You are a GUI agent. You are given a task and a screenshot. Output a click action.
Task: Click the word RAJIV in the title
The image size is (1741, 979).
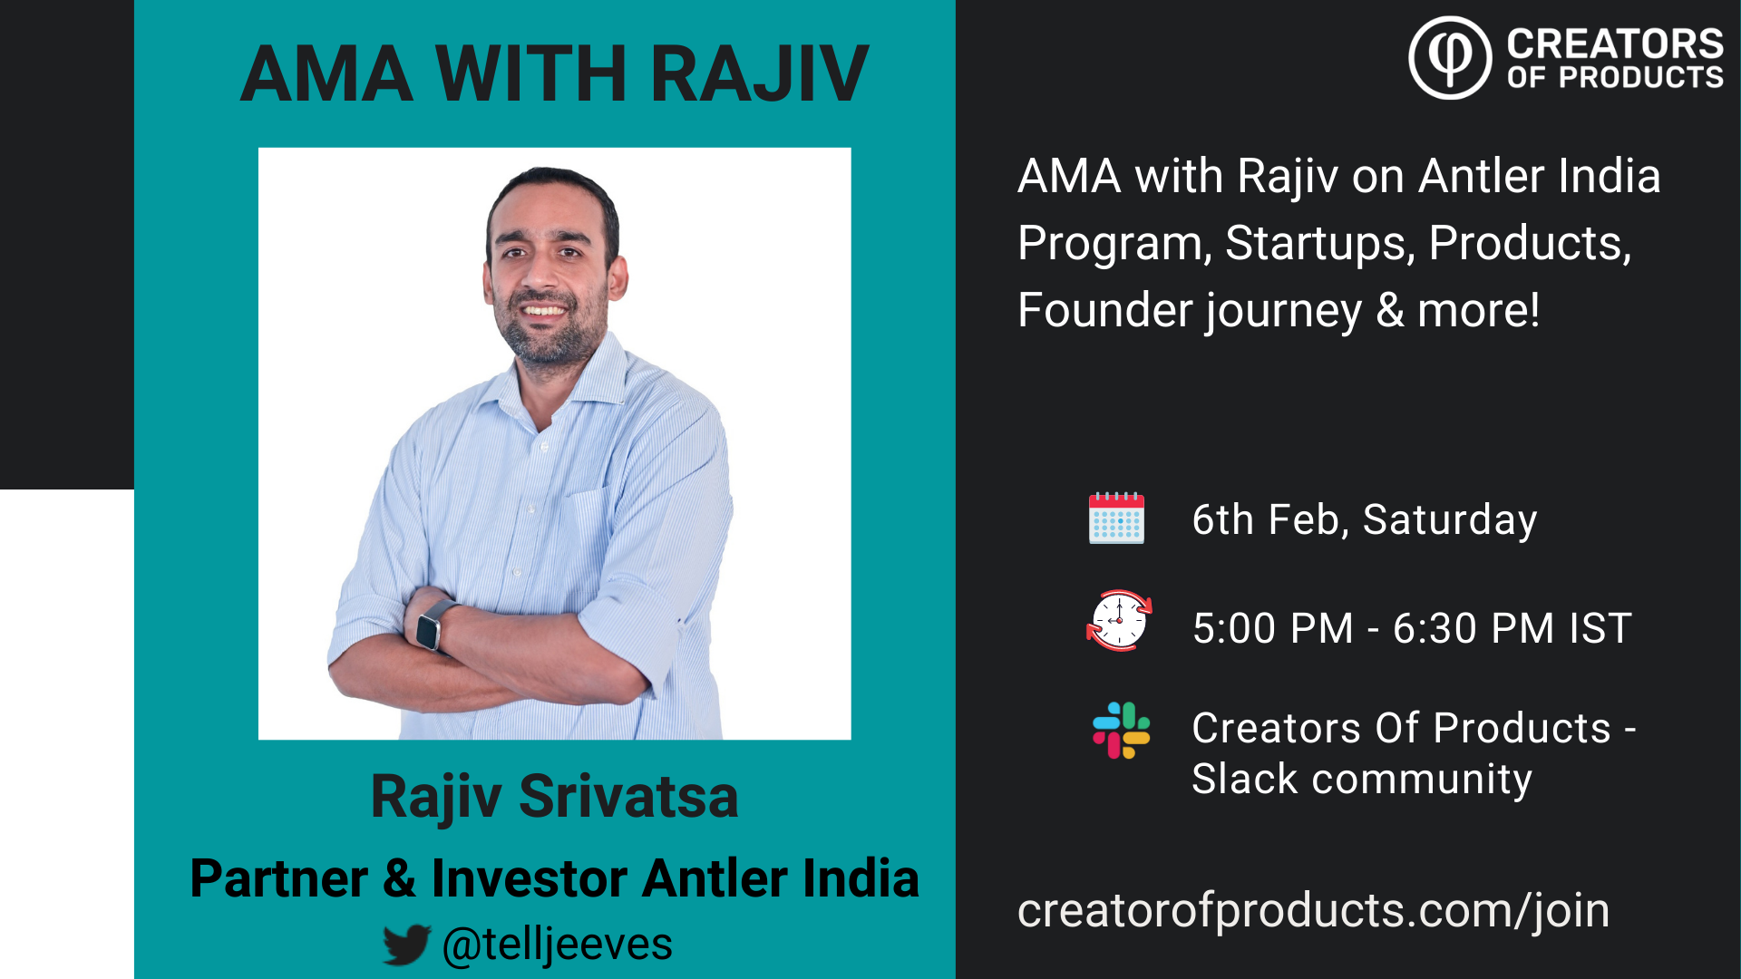tap(759, 73)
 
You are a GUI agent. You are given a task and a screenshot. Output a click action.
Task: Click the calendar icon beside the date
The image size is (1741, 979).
tap(1116, 519)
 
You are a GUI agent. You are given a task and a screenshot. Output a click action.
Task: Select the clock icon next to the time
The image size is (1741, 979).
tap(1119, 620)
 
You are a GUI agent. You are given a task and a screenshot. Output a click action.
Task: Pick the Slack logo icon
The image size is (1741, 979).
tap(1122, 731)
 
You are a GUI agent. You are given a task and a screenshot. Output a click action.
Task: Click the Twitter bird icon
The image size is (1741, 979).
tap(406, 945)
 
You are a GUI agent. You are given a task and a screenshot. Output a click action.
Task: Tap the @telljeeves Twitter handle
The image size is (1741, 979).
tap(557, 945)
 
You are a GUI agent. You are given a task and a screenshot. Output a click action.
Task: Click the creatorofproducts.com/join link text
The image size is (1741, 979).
tap(1313, 910)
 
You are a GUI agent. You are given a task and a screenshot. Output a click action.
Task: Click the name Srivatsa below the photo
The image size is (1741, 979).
tap(628, 797)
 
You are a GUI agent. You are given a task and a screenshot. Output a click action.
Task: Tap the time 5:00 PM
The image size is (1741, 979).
tap(1273, 628)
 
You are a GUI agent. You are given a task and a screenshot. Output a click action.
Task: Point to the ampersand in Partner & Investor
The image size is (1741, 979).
tap(399, 878)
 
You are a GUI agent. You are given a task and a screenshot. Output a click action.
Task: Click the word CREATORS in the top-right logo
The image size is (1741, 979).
tap(1615, 44)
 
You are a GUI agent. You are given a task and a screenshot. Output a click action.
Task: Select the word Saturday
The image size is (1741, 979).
tap(1450, 520)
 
